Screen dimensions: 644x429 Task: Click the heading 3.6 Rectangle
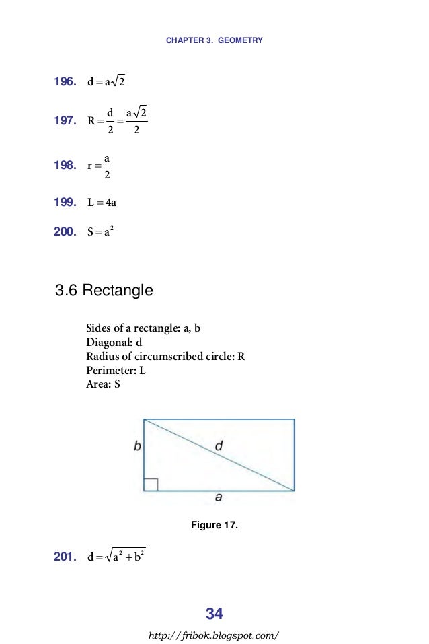click(x=104, y=291)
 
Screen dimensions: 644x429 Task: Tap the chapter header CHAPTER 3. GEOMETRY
click(x=214, y=40)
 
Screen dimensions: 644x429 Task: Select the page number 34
click(x=214, y=614)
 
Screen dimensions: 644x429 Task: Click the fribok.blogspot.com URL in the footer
click(x=214, y=635)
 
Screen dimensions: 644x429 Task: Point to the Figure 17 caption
click(x=214, y=525)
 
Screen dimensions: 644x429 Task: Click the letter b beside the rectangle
click(x=137, y=445)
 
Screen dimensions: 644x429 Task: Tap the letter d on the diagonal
click(x=219, y=445)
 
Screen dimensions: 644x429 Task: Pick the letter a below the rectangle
click(x=219, y=498)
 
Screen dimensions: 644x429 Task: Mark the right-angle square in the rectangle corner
click(x=151, y=485)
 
